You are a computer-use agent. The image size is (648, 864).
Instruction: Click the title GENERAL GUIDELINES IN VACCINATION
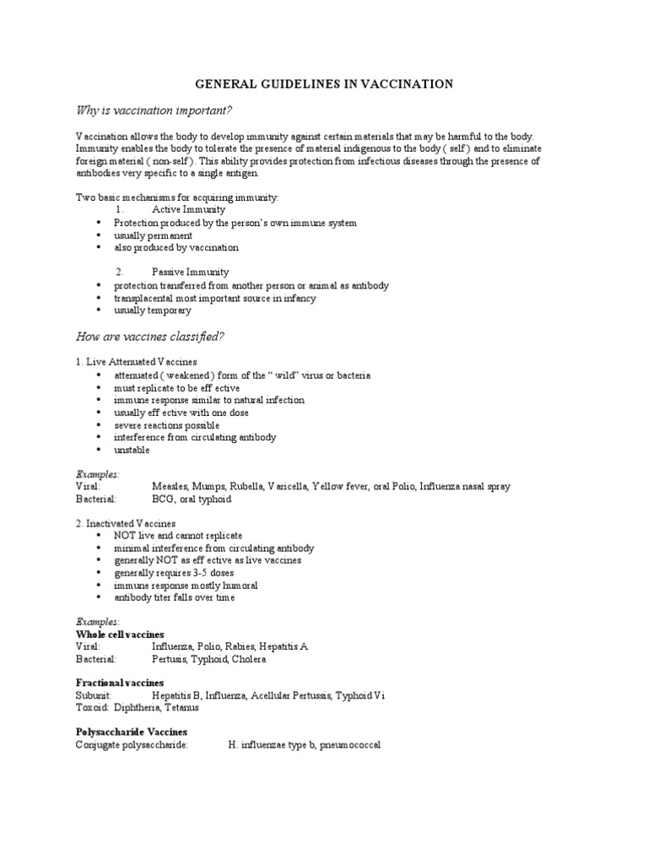click(x=325, y=84)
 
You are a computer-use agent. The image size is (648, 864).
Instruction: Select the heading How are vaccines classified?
click(x=149, y=337)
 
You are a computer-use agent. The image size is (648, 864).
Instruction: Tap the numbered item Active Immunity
click(x=190, y=210)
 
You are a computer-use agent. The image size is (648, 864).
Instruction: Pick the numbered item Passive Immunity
click(x=190, y=273)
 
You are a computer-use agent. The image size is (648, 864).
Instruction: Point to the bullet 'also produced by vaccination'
click(x=176, y=248)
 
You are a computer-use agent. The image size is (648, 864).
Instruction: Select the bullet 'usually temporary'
click(x=153, y=310)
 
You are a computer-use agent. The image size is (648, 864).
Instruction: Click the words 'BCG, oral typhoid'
click(x=192, y=499)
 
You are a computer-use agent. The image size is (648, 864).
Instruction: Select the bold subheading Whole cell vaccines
click(x=120, y=634)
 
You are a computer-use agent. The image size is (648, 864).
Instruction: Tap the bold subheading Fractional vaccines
click(x=120, y=683)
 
